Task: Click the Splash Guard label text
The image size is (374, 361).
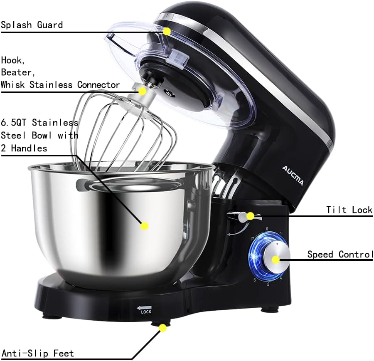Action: [32, 25]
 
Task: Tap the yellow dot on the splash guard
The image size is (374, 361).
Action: [167, 32]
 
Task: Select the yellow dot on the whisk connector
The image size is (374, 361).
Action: [142, 91]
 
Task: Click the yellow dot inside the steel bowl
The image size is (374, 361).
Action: [145, 226]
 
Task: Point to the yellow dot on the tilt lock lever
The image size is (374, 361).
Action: [250, 216]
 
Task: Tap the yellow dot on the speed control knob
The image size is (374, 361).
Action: [276, 260]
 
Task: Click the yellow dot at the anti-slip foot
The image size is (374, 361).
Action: [163, 328]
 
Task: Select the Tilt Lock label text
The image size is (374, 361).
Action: [349, 210]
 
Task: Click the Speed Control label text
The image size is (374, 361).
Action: [340, 255]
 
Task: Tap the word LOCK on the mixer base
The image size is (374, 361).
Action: [146, 312]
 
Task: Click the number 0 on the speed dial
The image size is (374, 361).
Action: [267, 228]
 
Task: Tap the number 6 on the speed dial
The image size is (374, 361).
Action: [254, 280]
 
